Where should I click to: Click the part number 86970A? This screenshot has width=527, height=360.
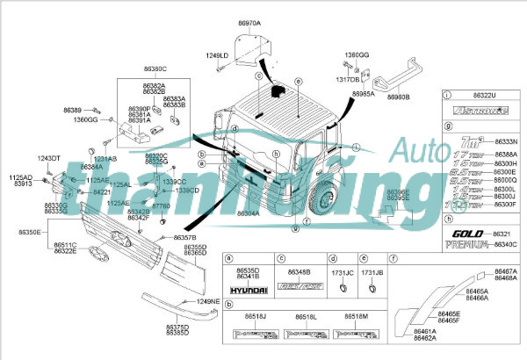pos(250,20)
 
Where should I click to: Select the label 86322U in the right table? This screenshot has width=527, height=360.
pos(482,94)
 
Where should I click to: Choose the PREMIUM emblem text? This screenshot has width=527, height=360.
pos(470,245)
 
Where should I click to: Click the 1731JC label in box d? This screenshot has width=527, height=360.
pos(341,273)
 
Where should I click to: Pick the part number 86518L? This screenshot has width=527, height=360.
pos(306,315)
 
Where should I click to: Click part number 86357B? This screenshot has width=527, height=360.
pos(184,238)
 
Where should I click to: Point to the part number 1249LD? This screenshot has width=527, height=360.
pos(217,55)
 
